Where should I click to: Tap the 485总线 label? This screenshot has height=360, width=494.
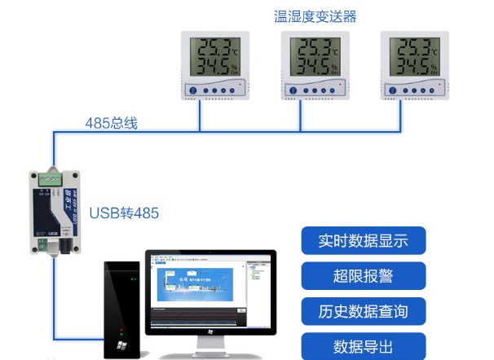click(x=112, y=123)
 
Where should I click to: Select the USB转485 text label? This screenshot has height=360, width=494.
click(x=124, y=213)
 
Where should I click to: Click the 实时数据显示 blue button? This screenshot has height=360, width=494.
click(x=363, y=241)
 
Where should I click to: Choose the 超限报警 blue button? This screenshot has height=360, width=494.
click(x=363, y=276)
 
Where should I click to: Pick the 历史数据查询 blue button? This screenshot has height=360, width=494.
click(x=363, y=311)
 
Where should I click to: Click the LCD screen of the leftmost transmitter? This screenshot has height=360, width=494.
click(x=214, y=55)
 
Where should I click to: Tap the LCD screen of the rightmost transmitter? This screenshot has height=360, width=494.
click(x=415, y=55)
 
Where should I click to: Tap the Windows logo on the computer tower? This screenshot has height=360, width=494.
click(x=121, y=345)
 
